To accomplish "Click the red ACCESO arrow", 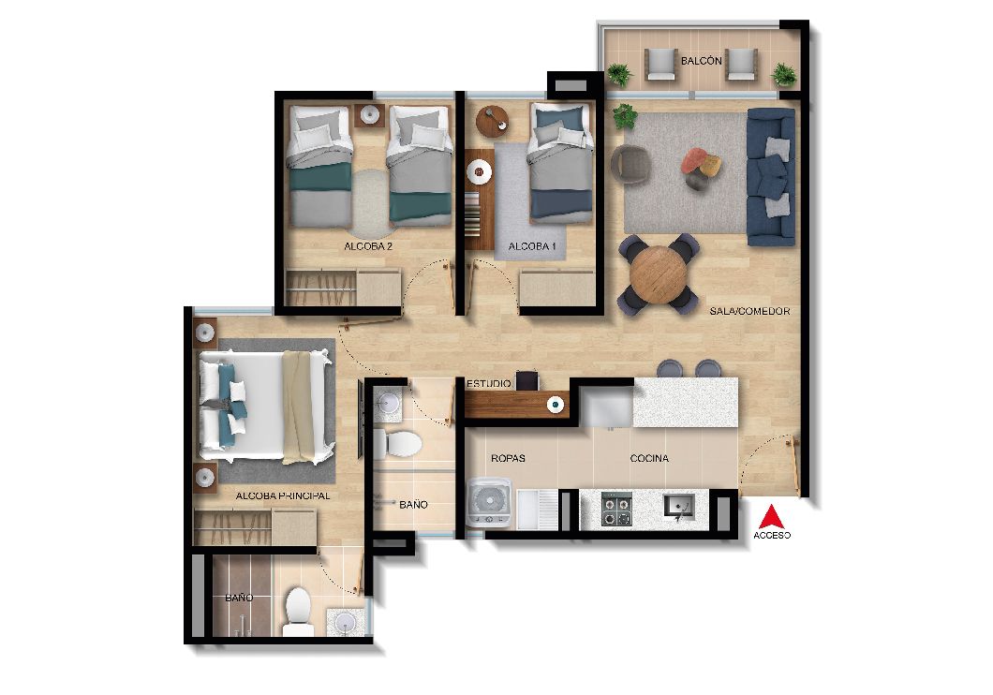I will coord(771,517).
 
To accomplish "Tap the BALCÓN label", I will coord(701,61).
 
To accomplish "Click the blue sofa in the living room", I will coord(770,175).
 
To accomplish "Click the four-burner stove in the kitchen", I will coord(615,510).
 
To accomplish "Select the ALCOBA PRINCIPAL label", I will coord(282,495).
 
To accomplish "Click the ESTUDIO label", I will coord(489,384).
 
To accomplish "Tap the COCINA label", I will coord(648,458).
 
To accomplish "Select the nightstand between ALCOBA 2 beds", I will coord(370,116).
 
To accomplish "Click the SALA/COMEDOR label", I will coord(749,311).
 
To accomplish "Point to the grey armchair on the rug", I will coord(630,165).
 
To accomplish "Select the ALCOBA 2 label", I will coord(368,247).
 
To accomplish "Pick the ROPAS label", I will coord(508,459).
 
